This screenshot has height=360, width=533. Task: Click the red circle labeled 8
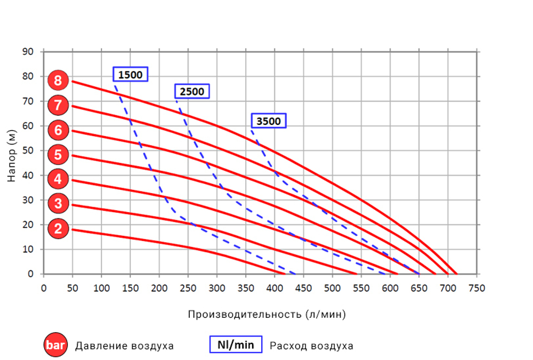click(x=58, y=81)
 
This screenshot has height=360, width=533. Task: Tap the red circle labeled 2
click(x=58, y=229)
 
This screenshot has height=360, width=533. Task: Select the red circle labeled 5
click(x=58, y=155)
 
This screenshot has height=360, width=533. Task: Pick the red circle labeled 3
click(x=58, y=203)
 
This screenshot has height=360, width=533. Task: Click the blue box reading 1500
click(x=130, y=75)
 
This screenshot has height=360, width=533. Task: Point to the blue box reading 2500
click(x=192, y=92)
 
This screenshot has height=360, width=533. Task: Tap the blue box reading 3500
click(x=268, y=121)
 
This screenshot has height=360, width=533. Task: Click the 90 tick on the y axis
click(x=28, y=52)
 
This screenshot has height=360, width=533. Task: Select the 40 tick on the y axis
click(x=28, y=175)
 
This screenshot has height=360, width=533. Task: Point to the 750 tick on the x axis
click(x=477, y=288)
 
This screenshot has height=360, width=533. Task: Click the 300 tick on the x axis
click(x=217, y=288)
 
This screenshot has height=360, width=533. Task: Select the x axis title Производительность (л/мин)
click(x=266, y=314)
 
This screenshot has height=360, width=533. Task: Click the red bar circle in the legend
click(x=55, y=346)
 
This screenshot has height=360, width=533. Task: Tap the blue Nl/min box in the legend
click(x=236, y=345)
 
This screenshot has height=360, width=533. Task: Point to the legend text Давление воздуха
click(x=124, y=346)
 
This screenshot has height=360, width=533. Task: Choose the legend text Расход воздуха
click(x=311, y=346)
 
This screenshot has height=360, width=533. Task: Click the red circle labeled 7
click(x=58, y=105)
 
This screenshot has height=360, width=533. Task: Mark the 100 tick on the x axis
click(x=101, y=288)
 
